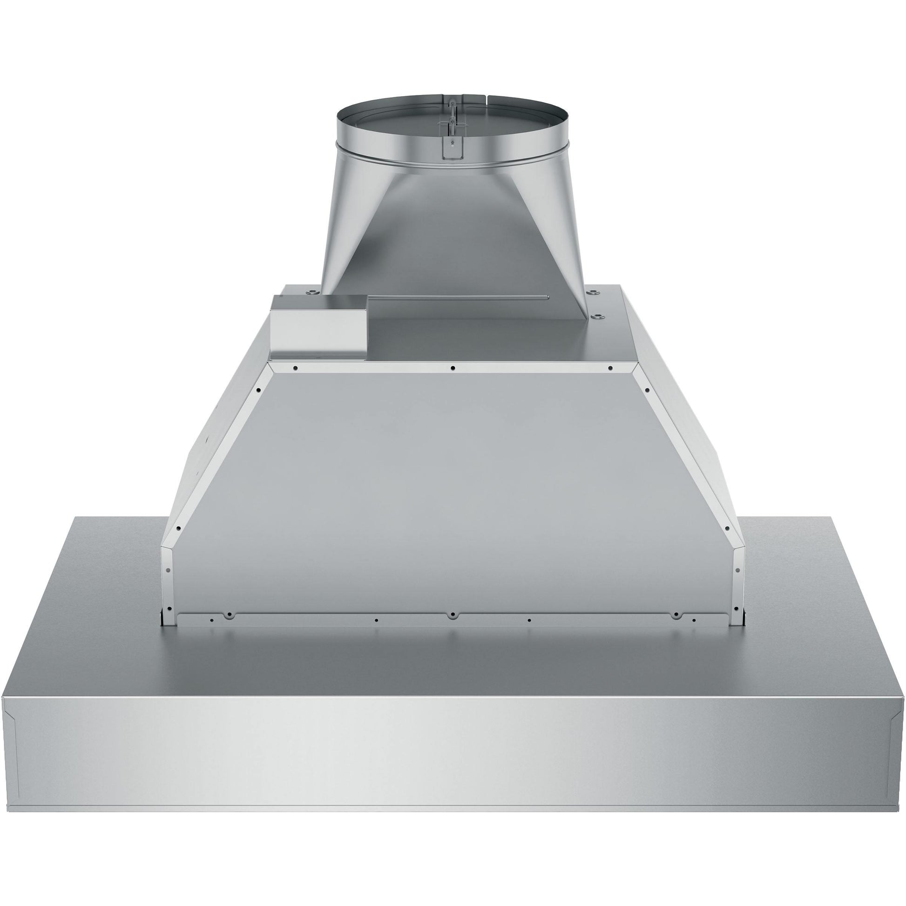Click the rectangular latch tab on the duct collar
point(451,146)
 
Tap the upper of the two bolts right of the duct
point(595,292)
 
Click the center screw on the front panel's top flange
point(453,368)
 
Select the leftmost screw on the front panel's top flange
point(295,368)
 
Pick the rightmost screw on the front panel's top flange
point(609,368)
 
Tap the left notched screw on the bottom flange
point(229,614)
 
